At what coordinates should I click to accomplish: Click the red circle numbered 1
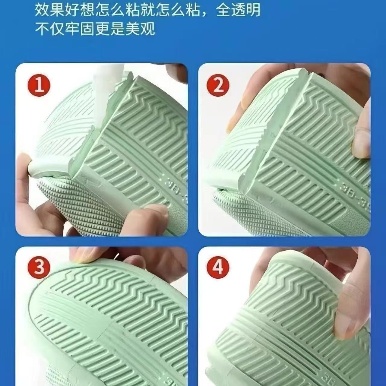click(39, 85)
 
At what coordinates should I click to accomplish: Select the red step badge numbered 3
click(39, 267)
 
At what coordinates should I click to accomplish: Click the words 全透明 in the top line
click(238, 10)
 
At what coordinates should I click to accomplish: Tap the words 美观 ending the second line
click(139, 29)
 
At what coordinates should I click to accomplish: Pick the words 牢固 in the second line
click(80, 29)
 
